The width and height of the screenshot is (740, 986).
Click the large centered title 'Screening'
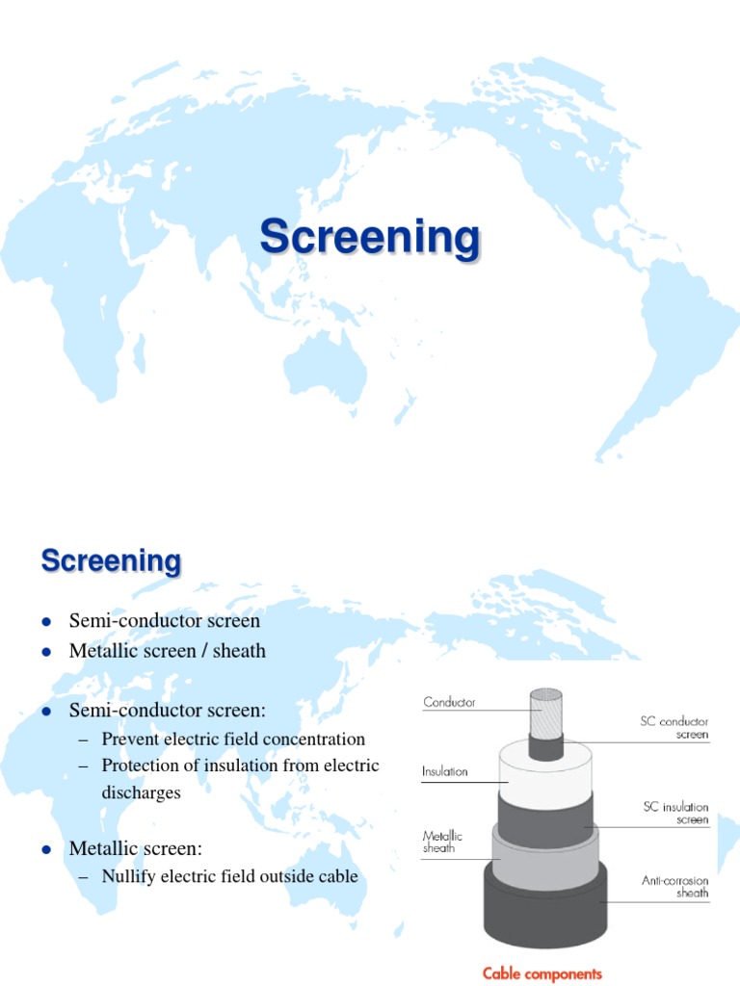pos(370,238)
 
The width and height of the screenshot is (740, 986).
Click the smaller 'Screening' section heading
pos(111,560)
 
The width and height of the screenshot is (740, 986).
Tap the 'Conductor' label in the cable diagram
pos(449,703)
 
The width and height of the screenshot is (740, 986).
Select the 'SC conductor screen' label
pos(674,727)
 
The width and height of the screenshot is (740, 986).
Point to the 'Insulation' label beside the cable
pos(444,771)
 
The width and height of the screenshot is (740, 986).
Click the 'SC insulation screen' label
pos(674,813)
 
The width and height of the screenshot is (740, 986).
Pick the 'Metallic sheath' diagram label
pos(442,843)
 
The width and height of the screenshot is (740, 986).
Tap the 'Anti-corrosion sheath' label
pos(674,886)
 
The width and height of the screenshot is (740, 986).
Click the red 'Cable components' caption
pos(542,973)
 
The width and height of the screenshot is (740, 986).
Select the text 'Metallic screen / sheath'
pos(167,651)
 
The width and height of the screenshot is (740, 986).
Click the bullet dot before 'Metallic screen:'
pos(45,849)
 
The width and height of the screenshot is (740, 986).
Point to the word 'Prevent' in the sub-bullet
pos(132,739)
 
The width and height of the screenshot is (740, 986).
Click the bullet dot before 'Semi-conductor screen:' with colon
pos(45,711)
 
